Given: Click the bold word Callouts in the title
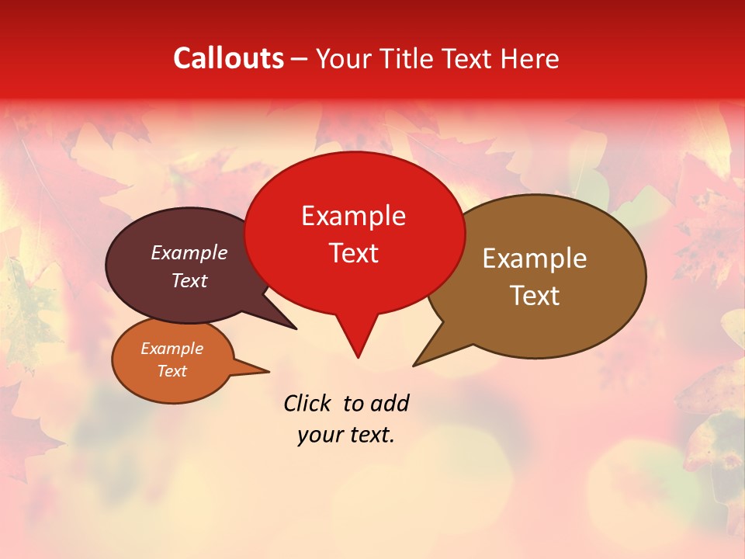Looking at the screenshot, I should click(228, 58).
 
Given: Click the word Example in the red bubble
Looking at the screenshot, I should click(353, 216).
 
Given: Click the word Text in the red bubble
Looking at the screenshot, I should click(353, 253).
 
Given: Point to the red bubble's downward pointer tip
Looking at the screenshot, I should click(358, 357).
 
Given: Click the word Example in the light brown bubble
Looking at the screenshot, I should click(535, 259).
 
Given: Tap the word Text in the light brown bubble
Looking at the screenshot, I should click(535, 296).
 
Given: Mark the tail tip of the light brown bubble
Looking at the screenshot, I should click(414, 365).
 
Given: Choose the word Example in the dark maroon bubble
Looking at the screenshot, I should click(189, 253).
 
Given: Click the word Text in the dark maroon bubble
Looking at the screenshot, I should click(189, 281).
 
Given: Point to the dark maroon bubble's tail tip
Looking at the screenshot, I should click(296, 329).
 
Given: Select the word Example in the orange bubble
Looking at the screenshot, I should click(172, 349).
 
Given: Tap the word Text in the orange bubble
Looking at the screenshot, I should click(172, 371).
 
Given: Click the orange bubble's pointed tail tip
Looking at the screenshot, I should click(269, 371).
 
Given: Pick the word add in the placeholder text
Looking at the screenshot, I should click(390, 403).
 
